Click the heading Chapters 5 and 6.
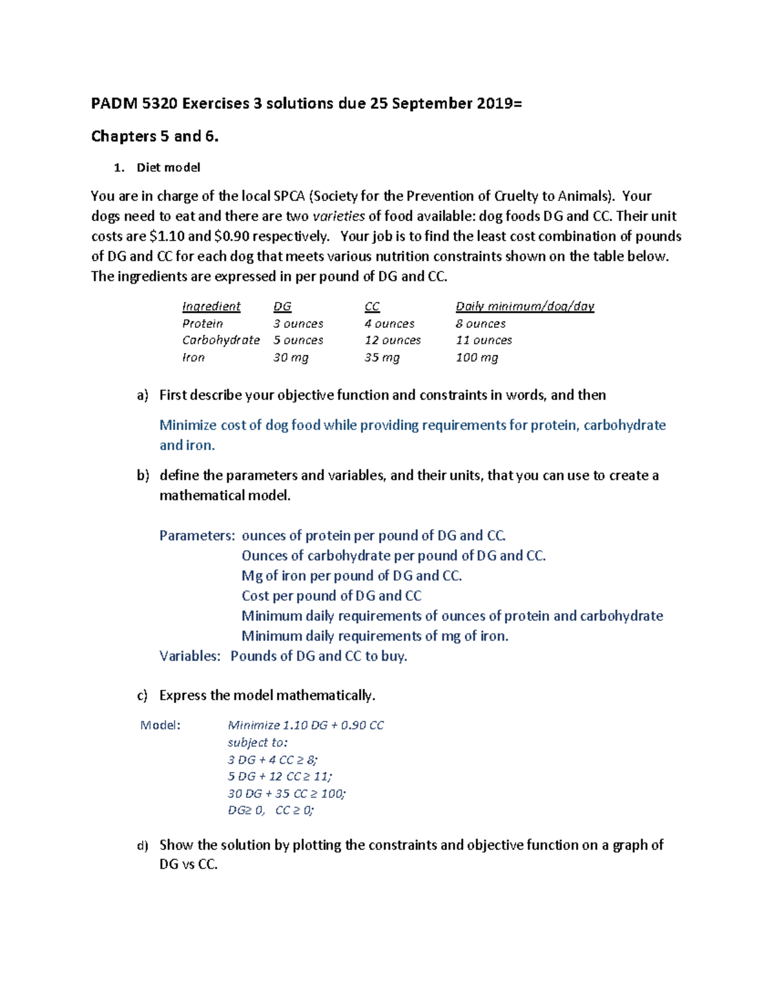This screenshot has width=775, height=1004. [x=154, y=136]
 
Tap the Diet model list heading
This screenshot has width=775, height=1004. [x=168, y=167]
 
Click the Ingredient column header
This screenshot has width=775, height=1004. [x=211, y=306]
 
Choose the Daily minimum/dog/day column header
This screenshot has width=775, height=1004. [x=524, y=306]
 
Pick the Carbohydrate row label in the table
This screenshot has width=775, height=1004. [x=220, y=340]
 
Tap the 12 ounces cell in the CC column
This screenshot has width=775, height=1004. [x=392, y=340]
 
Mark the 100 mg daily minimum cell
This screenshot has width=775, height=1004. [x=477, y=358]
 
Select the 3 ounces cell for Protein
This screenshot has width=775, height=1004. [x=298, y=323]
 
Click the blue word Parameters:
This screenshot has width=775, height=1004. [x=197, y=535]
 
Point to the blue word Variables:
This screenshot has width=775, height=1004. [x=190, y=656]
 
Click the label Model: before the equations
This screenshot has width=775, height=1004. [x=160, y=725]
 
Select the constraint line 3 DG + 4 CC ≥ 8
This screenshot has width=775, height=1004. [x=272, y=760]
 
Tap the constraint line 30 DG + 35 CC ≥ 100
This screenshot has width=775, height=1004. [x=286, y=793]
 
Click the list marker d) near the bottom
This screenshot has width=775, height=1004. [x=143, y=845]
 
